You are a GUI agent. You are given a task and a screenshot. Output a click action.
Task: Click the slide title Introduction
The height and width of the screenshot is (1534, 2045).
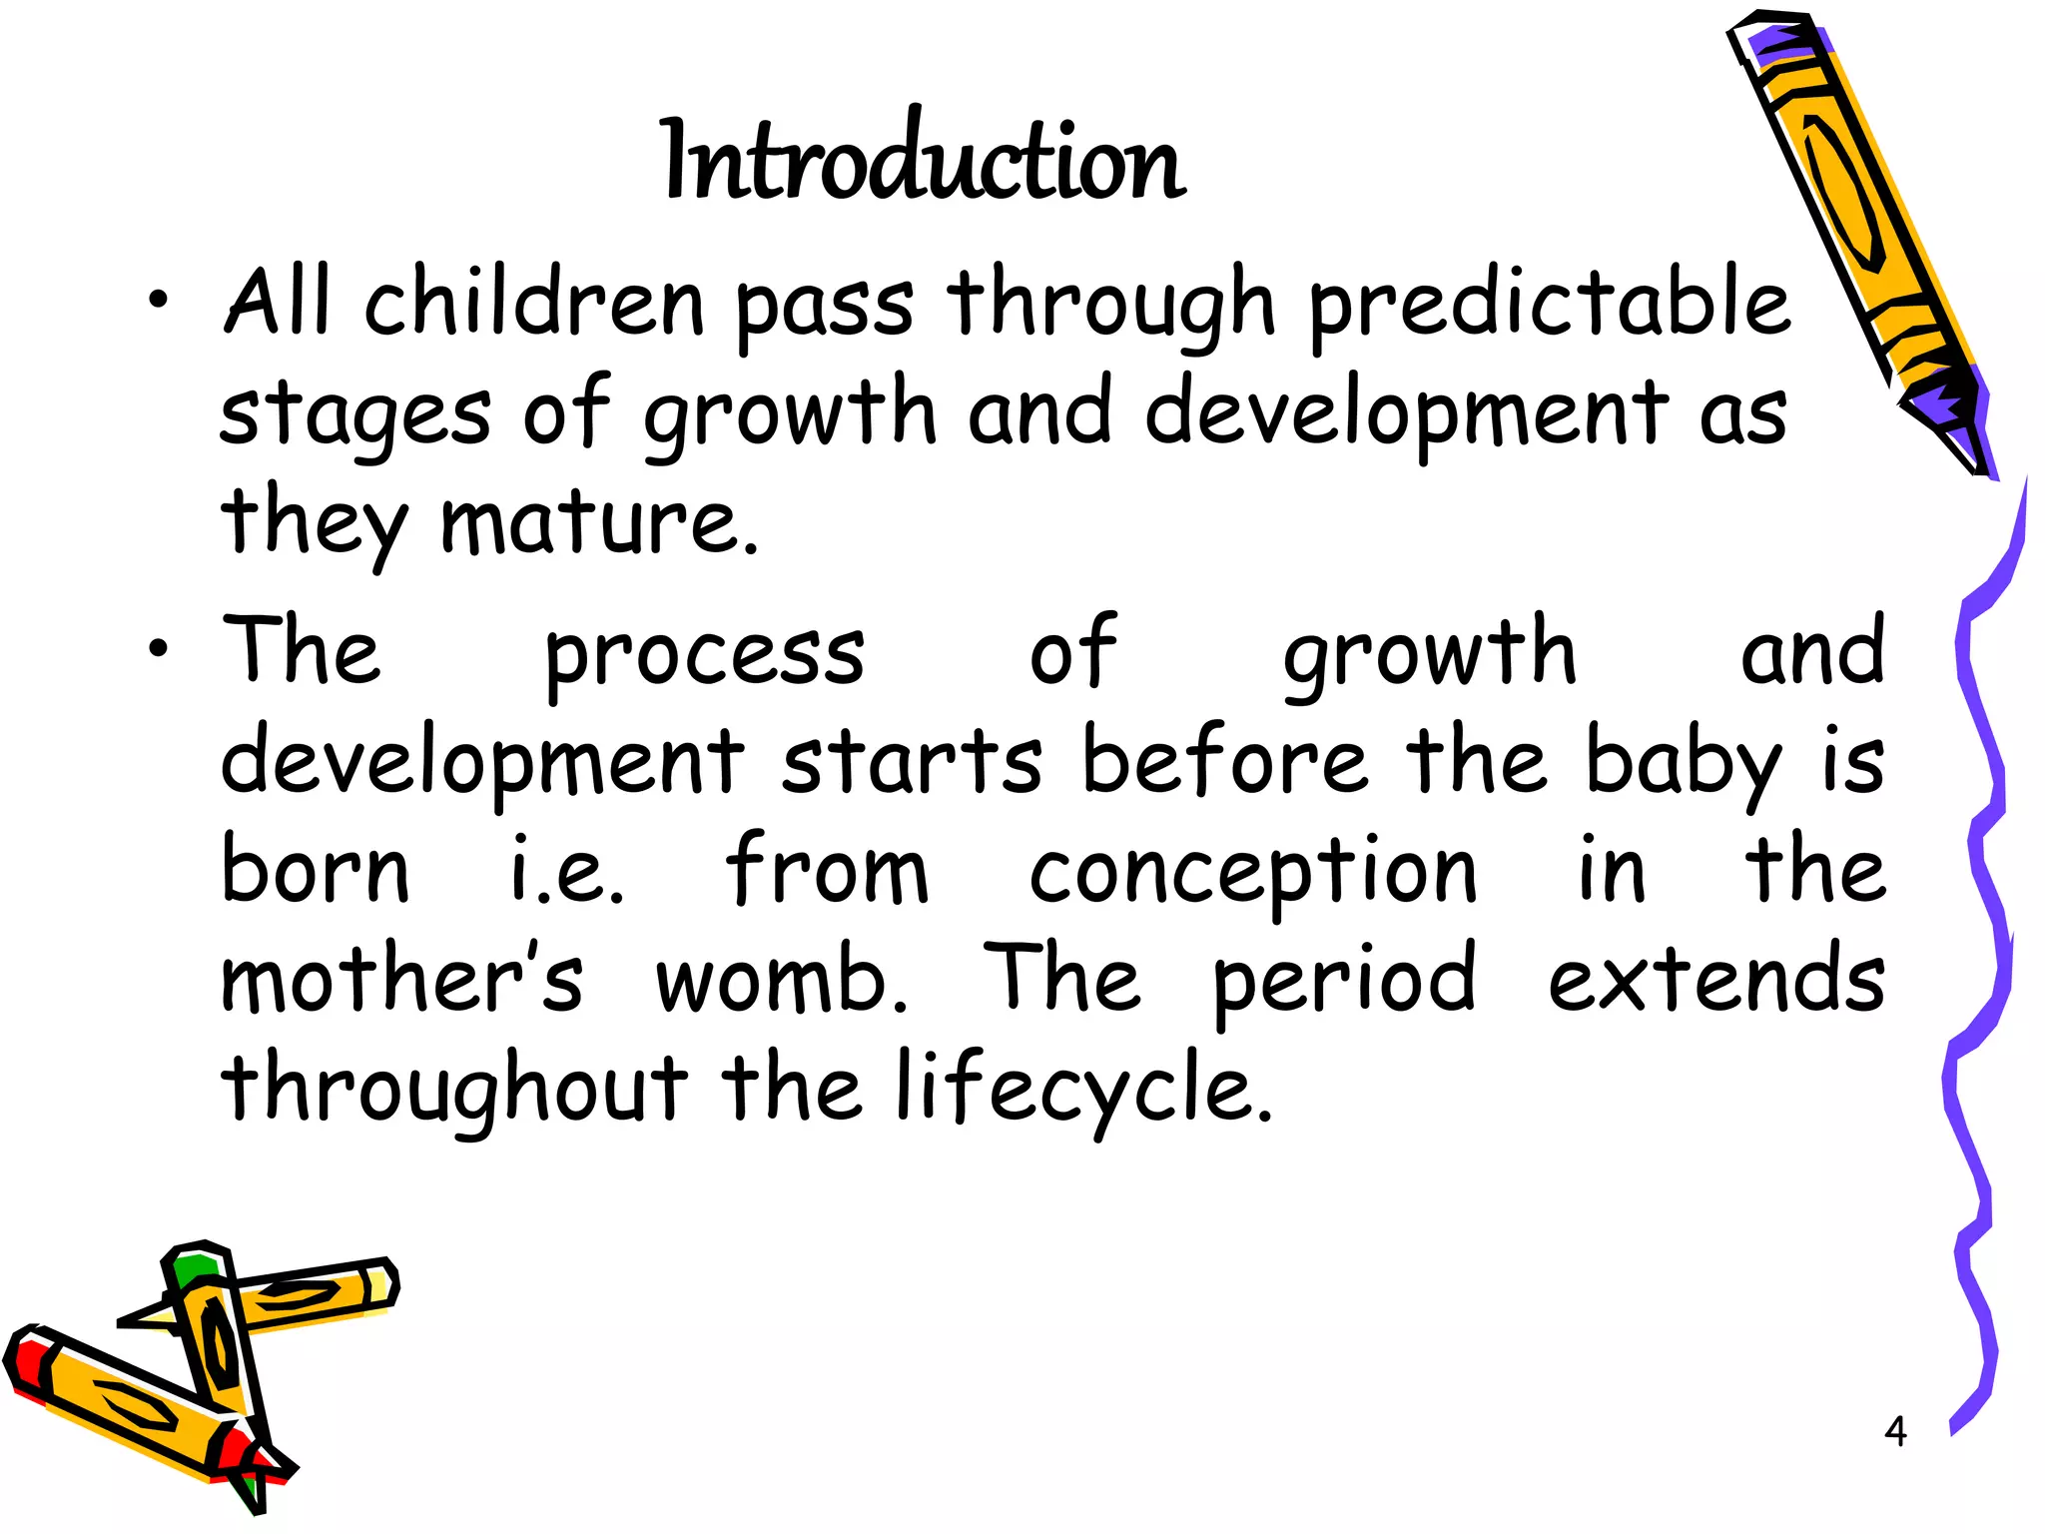[x=924, y=160]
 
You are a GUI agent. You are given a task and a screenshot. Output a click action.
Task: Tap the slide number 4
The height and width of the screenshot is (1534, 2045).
[x=1895, y=1431]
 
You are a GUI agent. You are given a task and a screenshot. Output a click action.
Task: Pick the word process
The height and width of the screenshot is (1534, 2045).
[x=704, y=654]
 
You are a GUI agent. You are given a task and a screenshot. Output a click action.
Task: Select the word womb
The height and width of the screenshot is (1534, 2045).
[x=781, y=979]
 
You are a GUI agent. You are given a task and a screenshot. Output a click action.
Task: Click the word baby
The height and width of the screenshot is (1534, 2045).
[x=1684, y=764]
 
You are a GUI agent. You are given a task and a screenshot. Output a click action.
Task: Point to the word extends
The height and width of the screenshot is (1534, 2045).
[x=1716, y=979]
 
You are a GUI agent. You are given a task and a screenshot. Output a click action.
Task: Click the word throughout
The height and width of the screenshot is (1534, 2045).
[x=454, y=1089]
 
